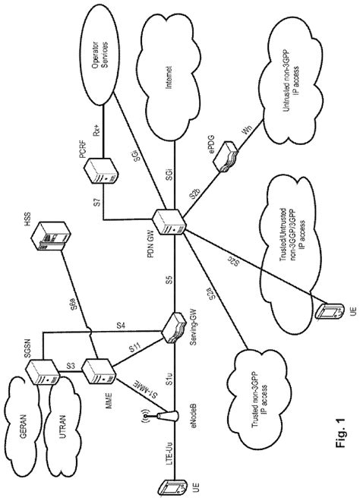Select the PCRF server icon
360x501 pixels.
coord(99,172)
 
